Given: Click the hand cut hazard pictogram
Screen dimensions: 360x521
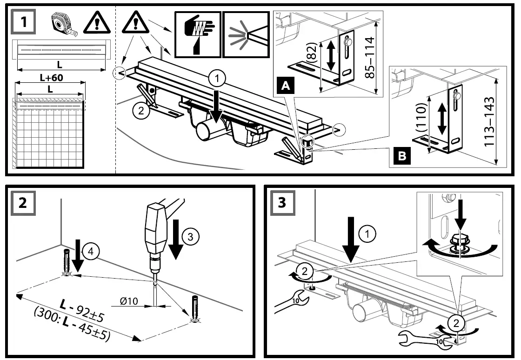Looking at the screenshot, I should tap(197, 34).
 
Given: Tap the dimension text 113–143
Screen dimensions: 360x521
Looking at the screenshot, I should tap(488, 121).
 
